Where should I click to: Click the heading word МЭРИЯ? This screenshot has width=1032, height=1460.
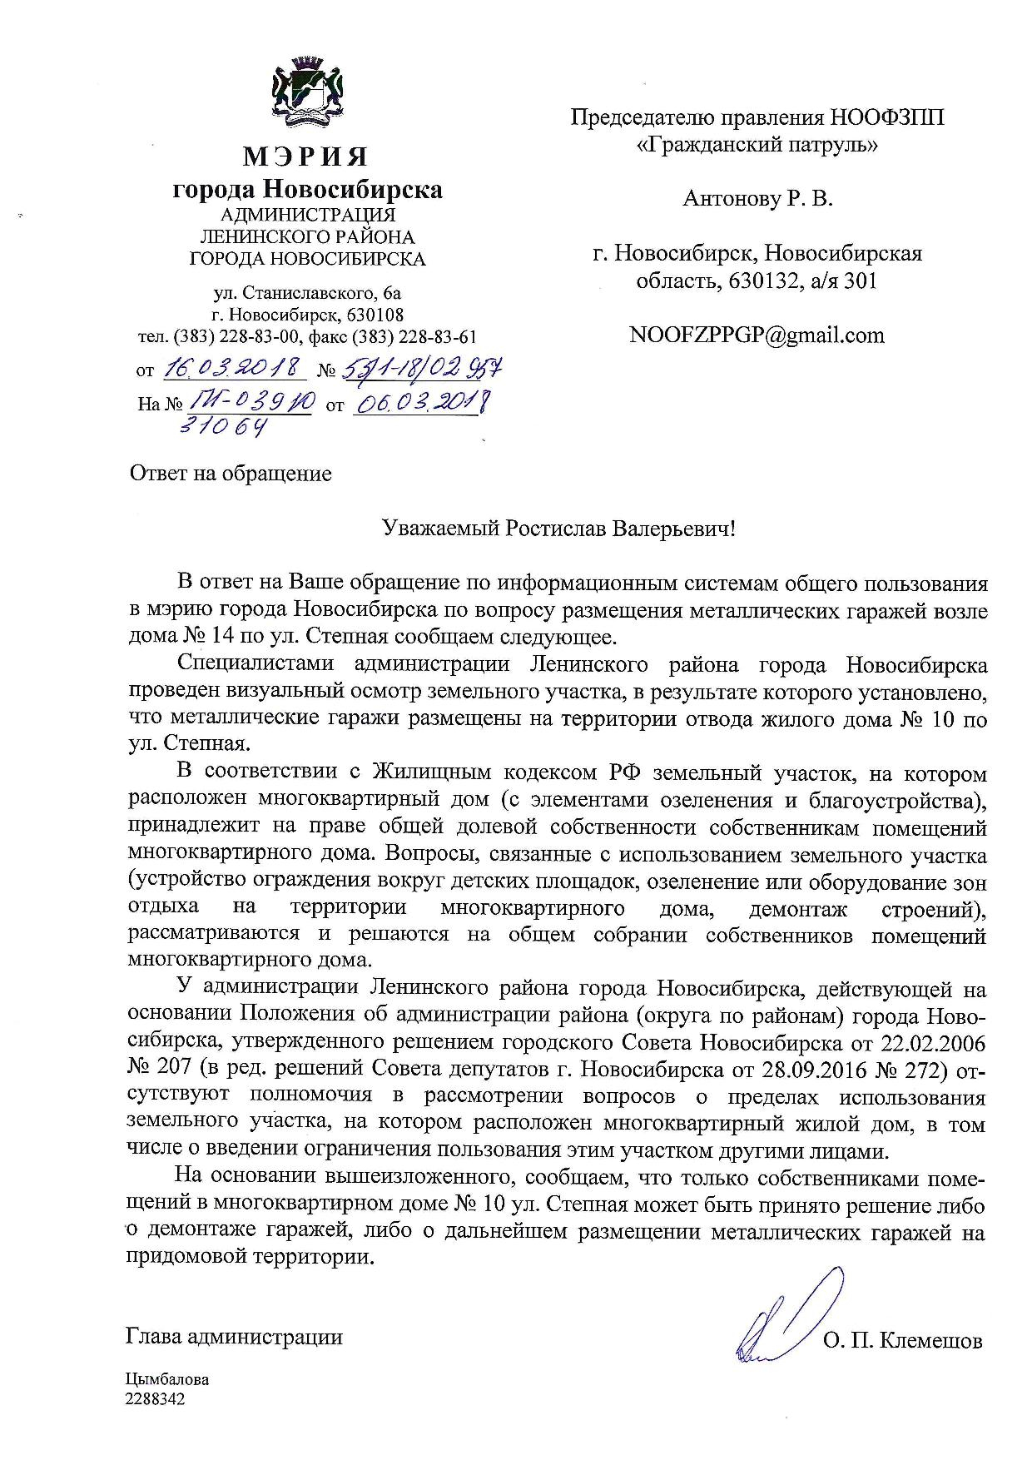click(x=305, y=156)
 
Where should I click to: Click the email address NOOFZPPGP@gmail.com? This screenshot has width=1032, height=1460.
click(x=757, y=335)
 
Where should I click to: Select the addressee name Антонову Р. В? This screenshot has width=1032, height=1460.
click(x=757, y=199)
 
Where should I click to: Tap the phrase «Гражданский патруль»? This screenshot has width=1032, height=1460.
click(x=757, y=145)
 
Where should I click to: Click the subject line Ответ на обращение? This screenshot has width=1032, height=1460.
click(x=231, y=474)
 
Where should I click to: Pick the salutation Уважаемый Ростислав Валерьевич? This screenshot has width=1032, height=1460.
click(x=558, y=529)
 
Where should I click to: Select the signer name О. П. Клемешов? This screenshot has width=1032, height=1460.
click(x=903, y=1342)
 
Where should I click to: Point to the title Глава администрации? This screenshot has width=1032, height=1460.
click(x=234, y=1337)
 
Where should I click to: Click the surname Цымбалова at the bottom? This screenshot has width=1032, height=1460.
click(x=167, y=1379)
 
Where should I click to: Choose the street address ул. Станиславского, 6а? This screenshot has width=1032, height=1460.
click(x=307, y=293)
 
